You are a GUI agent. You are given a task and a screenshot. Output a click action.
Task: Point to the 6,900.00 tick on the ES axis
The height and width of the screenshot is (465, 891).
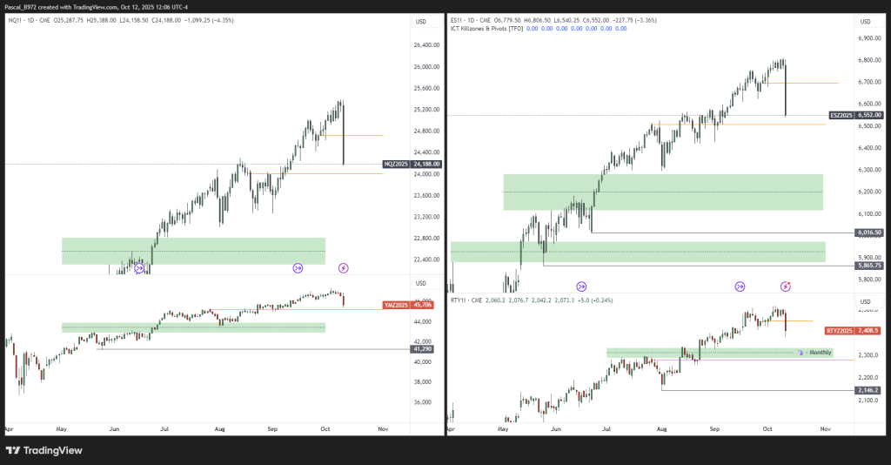point(869,38)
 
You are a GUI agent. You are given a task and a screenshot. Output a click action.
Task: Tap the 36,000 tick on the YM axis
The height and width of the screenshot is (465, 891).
point(422,402)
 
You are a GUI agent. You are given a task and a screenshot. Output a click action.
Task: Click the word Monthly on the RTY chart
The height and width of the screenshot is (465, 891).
point(821,353)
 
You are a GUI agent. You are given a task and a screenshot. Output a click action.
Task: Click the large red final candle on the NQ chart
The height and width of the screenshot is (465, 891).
point(344,135)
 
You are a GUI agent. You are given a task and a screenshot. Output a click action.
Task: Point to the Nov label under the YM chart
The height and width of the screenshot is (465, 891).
point(382,429)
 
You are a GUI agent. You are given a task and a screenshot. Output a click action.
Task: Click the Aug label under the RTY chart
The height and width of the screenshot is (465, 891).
point(661,429)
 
